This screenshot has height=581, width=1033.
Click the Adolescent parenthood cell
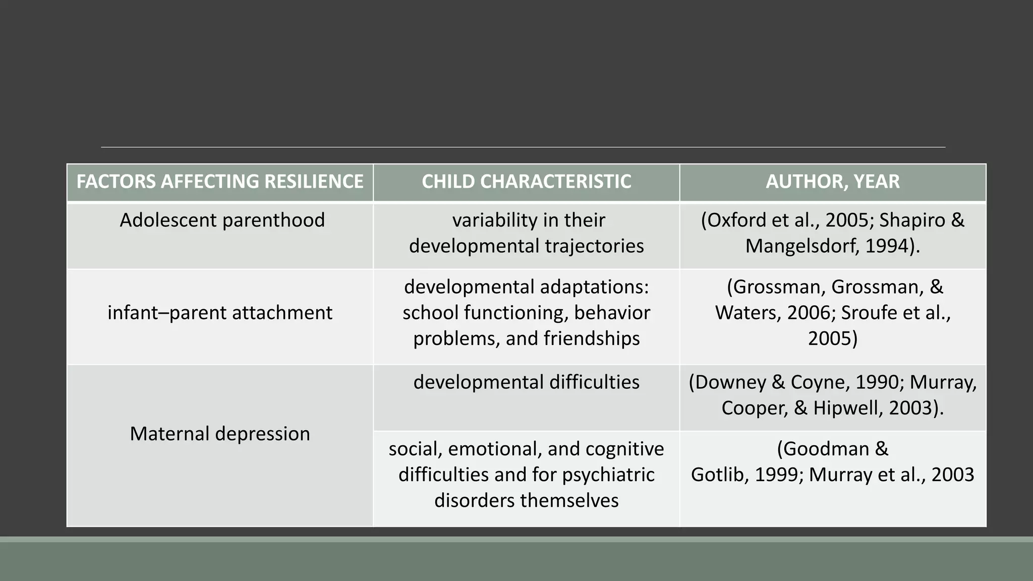coord(222,220)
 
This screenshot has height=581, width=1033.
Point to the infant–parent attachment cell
coord(220,313)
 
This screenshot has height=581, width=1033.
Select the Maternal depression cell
coord(220,434)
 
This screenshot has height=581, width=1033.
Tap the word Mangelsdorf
coord(802,246)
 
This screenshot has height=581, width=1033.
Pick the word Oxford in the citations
coord(738,220)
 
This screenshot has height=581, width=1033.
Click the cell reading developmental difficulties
coord(526,382)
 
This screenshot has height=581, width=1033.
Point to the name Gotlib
coord(719,475)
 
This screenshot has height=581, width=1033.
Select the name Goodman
coord(825,449)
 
